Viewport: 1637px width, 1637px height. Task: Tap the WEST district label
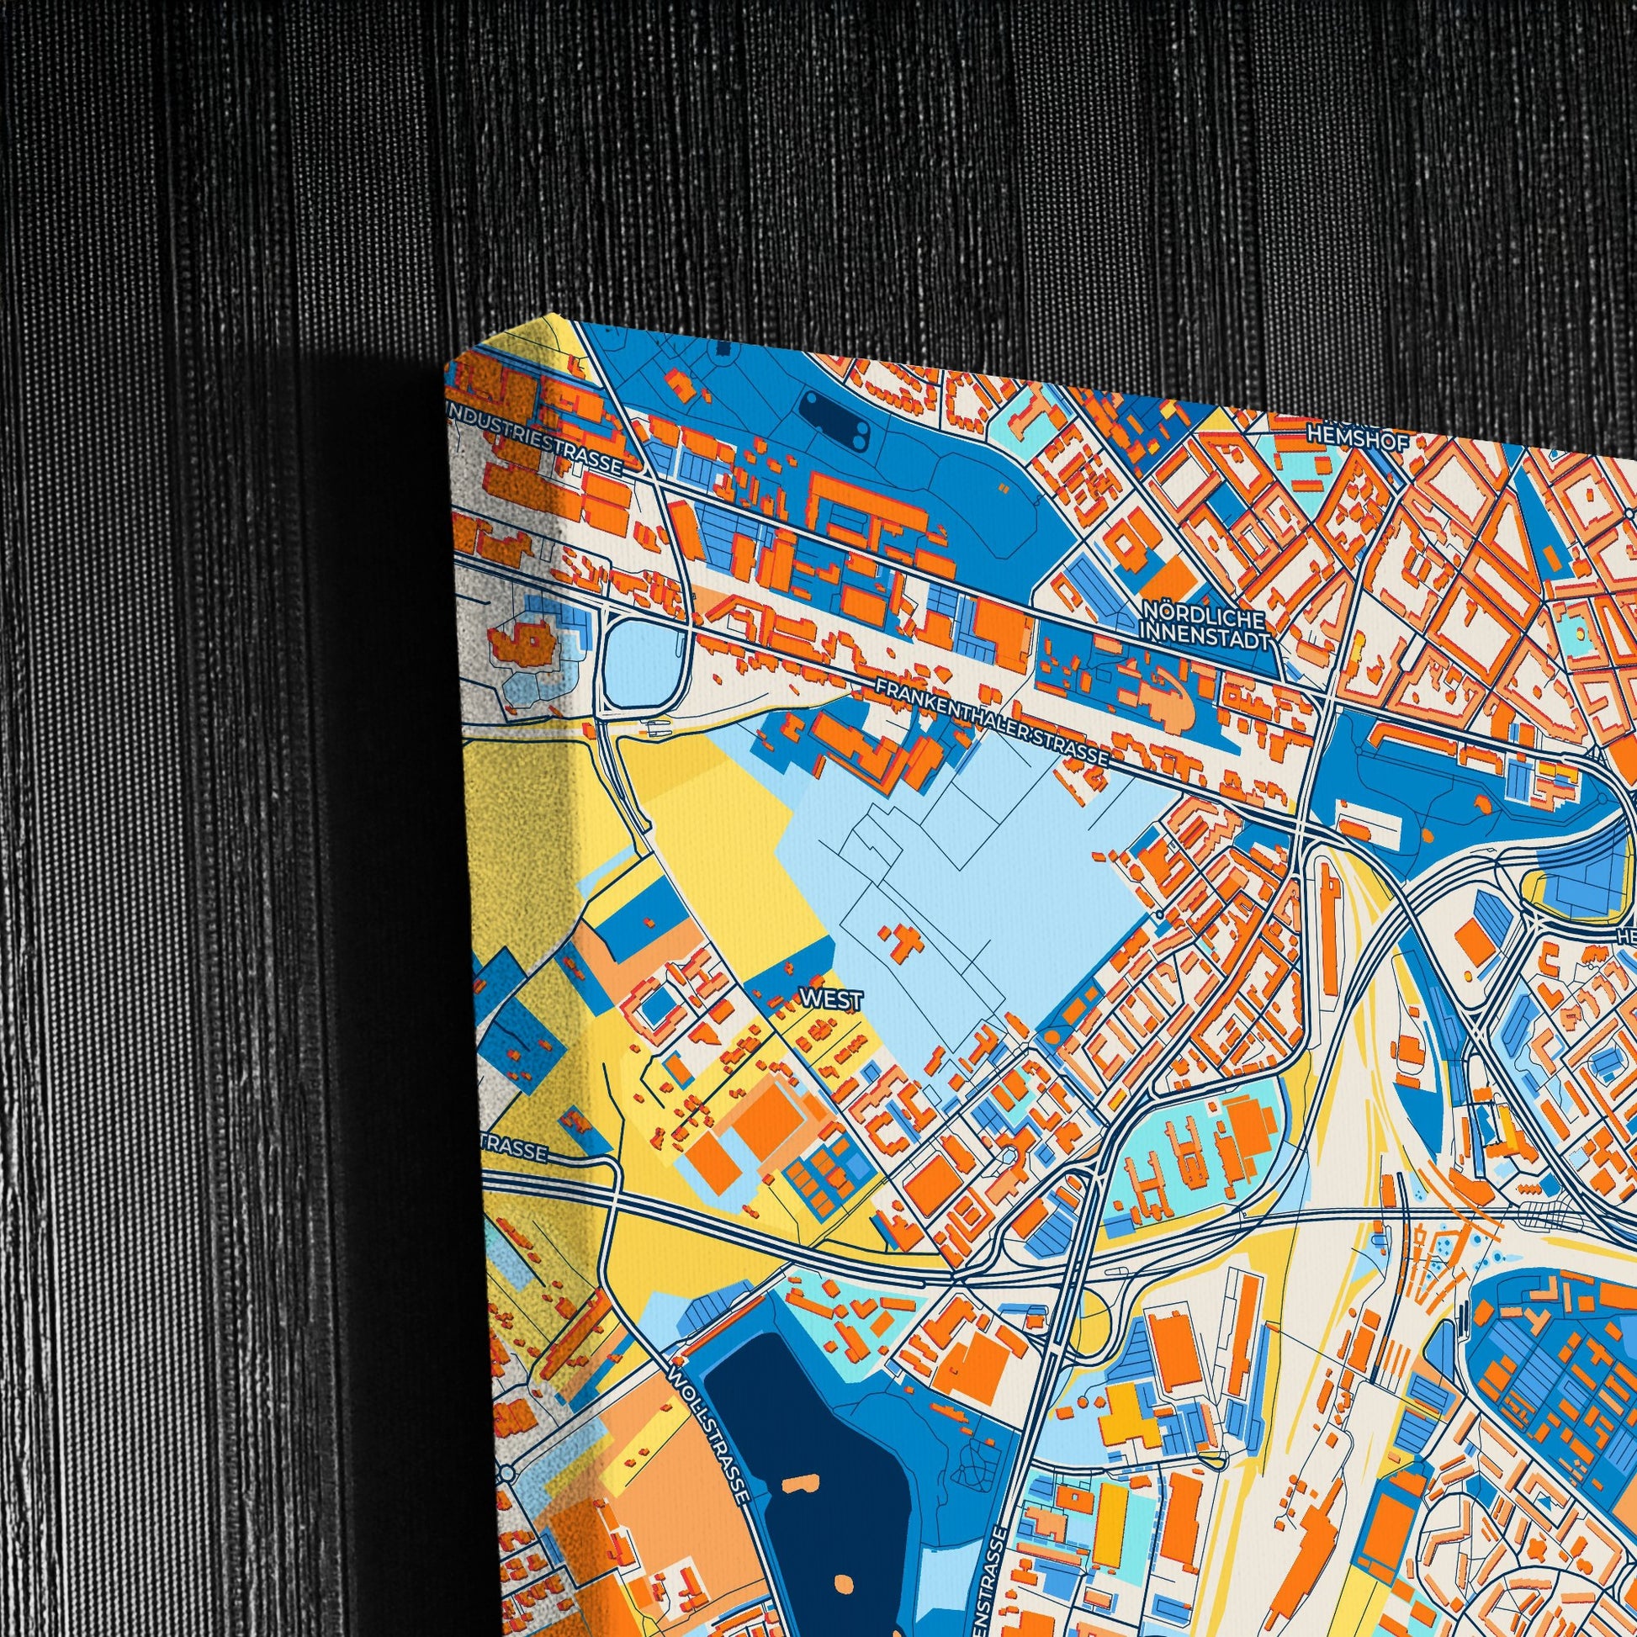tap(830, 1000)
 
